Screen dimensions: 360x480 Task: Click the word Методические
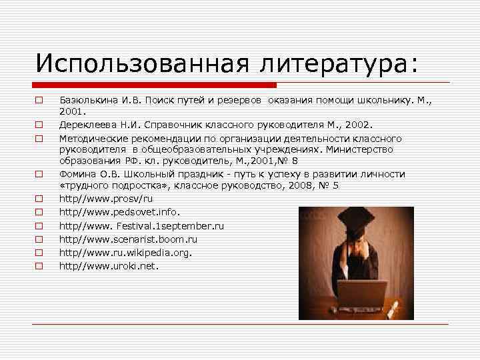(x=89, y=138)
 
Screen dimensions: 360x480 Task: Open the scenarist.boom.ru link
(x=128, y=239)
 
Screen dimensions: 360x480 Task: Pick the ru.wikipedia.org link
(x=125, y=253)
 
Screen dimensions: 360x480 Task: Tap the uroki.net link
(x=109, y=266)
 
